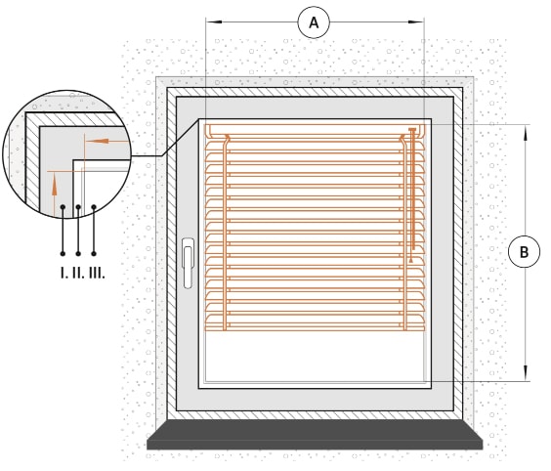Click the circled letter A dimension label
(314, 22)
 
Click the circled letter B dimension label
(524, 251)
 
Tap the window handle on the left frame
(188, 263)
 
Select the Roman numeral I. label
(64, 273)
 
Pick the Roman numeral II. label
(78, 273)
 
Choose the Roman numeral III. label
(97, 273)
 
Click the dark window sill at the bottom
(315, 435)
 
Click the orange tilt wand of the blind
(413, 190)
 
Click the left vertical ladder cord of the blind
(225, 233)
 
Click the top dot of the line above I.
(63, 207)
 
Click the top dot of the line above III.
(94, 207)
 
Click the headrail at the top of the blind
(315, 130)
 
